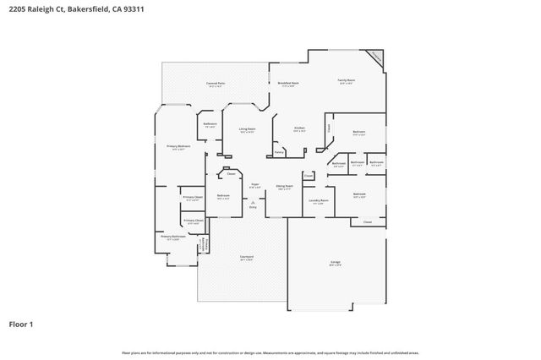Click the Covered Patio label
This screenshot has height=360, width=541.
tap(216, 84)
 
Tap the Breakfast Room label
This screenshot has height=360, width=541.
tap(287, 84)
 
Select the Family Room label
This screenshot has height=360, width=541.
tap(347, 81)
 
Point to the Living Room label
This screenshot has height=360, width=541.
tap(247, 129)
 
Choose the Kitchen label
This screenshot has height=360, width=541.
tap(299, 128)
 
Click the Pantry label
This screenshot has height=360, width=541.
tap(279, 153)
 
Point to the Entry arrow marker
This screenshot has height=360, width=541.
tap(251, 203)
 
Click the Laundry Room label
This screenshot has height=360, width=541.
tap(318, 200)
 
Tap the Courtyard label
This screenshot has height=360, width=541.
tap(246, 258)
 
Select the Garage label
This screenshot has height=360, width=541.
tap(336, 263)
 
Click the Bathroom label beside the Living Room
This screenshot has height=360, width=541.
tap(210, 125)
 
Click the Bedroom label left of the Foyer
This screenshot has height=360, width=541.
tap(223, 196)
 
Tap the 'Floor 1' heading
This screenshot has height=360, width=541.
tap(22, 324)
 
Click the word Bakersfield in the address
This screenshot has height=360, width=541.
tap(79, 9)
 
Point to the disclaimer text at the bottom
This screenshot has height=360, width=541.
tap(270, 352)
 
